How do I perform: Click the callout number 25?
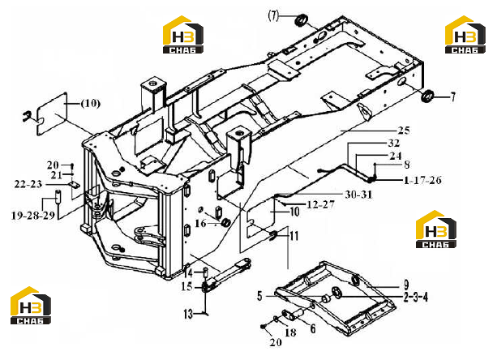point(404,131)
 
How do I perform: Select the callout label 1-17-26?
point(422,180)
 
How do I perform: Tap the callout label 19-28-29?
point(33,216)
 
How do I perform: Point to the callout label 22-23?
point(28,184)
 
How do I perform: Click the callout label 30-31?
point(358,195)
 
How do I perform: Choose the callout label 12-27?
point(320,204)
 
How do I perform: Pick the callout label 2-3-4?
point(416,297)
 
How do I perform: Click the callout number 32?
point(393,143)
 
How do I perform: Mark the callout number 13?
point(188,314)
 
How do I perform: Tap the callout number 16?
point(200,224)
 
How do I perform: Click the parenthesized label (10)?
point(91,103)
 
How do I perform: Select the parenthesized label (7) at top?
point(273,15)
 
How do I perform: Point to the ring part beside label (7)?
point(301,21)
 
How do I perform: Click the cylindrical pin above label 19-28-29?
point(58,196)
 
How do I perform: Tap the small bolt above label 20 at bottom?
point(264,327)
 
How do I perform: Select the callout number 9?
point(406,285)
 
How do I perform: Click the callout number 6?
point(312,329)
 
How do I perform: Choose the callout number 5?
point(259,296)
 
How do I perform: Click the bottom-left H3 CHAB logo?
point(31,306)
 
